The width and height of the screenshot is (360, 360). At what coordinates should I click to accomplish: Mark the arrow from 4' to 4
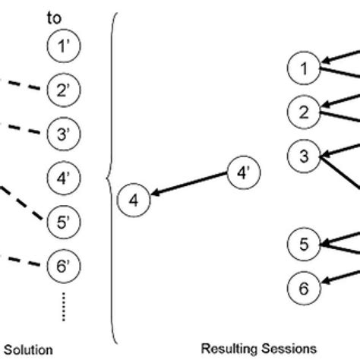tap(190, 187)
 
